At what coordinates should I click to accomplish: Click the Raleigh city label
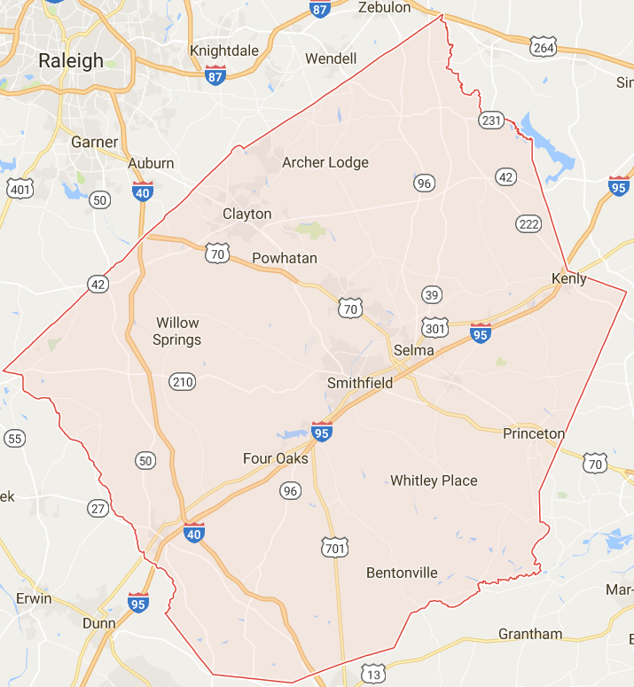tap(71, 61)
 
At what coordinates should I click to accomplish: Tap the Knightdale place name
tap(225, 51)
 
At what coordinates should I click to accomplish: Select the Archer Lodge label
tap(325, 162)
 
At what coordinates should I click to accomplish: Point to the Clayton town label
tap(247, 214)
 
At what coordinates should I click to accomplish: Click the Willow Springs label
tap(177, 331)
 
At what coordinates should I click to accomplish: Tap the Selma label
tap(414, 350)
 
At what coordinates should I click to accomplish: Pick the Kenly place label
tap(569, 278)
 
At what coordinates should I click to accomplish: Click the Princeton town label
tap(534, 433)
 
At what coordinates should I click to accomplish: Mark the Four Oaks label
tap(276, 458)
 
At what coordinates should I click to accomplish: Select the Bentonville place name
tap(403, 573)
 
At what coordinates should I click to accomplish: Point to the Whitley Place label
tap(434, 480)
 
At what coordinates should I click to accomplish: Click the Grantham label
tap(530, 634)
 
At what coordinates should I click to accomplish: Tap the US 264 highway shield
tap(543, 46)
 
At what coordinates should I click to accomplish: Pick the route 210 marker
tap(183, 382)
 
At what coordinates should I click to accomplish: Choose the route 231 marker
tap(490, 120)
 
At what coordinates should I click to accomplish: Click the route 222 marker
tap(528, 222)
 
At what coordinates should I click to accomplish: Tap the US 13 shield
tap(373, 675)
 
